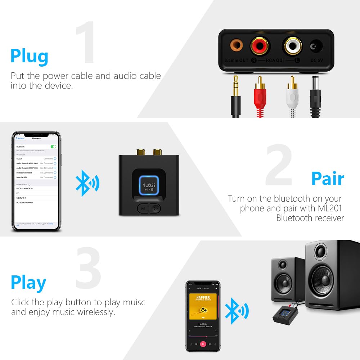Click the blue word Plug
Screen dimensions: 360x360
29,56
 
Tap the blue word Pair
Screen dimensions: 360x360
328,178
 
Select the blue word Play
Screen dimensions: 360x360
28,283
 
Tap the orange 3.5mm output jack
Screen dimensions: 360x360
236,46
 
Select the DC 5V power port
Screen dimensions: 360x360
316,46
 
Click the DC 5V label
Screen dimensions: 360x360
316,60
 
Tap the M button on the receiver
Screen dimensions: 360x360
143,208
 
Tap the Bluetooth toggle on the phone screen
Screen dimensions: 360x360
54,147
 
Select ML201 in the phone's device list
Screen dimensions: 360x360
20,158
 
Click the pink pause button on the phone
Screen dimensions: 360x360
203,344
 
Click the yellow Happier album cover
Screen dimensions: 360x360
203,306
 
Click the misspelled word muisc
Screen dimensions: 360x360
134,302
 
